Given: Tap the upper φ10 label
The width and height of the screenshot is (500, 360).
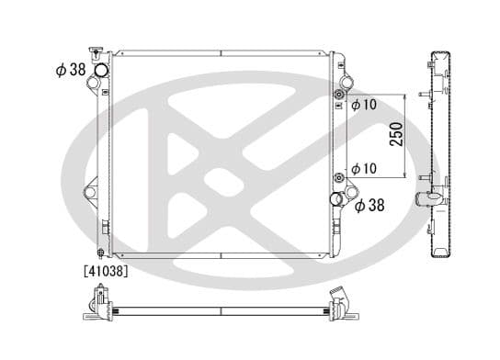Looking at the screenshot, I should click(x=363, y=104).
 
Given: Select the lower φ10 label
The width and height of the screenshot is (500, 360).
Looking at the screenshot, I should click(x=363, y=170).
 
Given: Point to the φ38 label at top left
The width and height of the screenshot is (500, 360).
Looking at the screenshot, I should click(x=71, y=69).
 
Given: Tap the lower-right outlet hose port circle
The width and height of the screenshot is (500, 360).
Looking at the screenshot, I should click(x=338, y=199).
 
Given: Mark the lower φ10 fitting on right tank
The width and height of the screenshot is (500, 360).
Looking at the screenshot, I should click(x=340, y=177).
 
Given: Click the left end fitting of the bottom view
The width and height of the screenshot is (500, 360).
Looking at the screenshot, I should click(x=97, y=303).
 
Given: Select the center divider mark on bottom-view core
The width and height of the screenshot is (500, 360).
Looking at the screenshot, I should click(x=221, y=308).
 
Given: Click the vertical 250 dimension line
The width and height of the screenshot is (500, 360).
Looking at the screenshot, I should click(x=404, y=136).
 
